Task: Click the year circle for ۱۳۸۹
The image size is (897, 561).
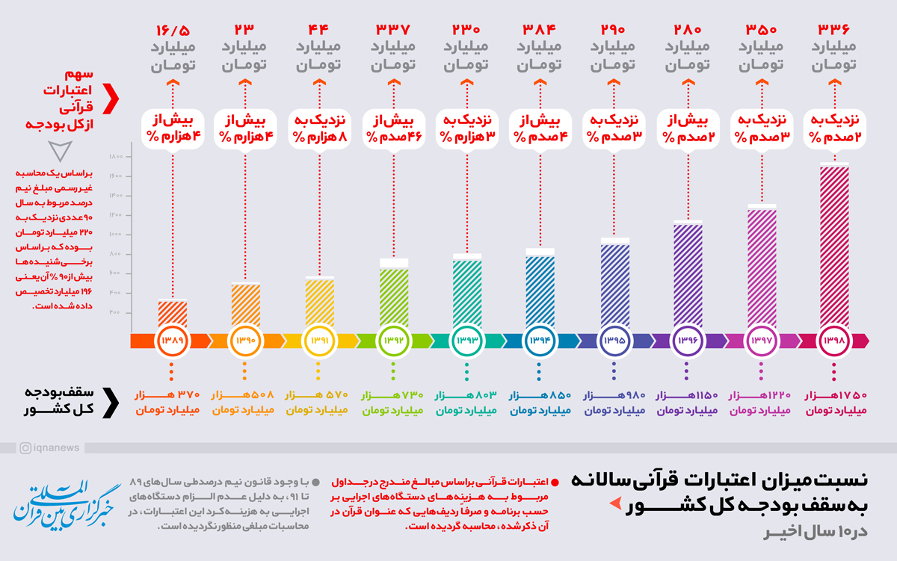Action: pyautogui.click(x=173, y=340)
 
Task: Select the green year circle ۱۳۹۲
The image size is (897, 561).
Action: pyautogui.click(x=393, y=340)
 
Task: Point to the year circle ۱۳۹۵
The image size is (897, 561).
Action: pyautogui.click(x=614, y=340)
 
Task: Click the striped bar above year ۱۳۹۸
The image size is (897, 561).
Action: pyautogui.click(x=834, y=247)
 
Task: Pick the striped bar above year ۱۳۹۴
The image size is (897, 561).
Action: pyautogui.click(x=540, y=291)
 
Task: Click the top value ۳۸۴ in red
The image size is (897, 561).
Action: pyautogui.click(x=540, y=31)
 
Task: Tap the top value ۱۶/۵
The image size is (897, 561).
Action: pyautogui.click(x=173, y=31)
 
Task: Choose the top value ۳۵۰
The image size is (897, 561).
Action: pyautogui.click(x=761, y=31)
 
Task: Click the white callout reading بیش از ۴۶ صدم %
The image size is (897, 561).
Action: pyautogui.click(x=393, y=128)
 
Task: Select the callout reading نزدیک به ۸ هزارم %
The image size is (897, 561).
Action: pyautogui.click(x=320, y=128)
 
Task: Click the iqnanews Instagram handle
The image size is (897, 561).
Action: pyautogui.click(x=52, y=447)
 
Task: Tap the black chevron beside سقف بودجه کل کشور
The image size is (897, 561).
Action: pyautogui.click(x=112, y=401)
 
